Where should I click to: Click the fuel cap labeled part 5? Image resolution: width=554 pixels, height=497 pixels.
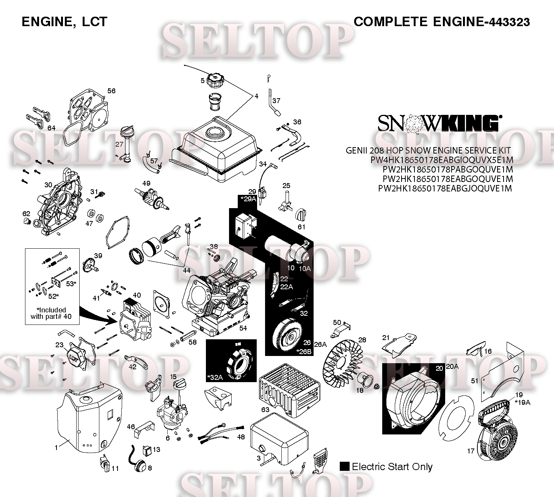click(x=215, y=80)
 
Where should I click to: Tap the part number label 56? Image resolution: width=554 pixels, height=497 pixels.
click(x=111, y=91)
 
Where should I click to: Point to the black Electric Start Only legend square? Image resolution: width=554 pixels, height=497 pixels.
click(x=344, y=466)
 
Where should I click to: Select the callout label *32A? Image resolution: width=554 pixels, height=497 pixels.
click(x=215, y=377)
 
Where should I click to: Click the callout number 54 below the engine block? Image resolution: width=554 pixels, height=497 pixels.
click(x=243, y=328)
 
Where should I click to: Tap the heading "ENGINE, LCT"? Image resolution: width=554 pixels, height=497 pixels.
click(x=64, y=22)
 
